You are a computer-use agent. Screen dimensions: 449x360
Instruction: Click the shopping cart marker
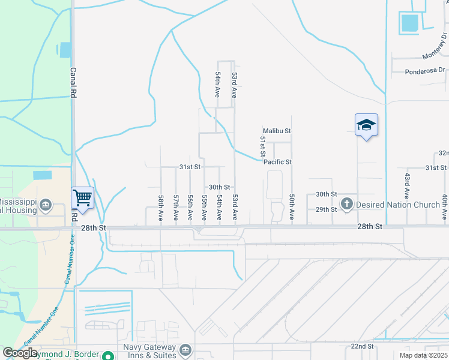82,197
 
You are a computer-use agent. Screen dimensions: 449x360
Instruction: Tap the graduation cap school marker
366,125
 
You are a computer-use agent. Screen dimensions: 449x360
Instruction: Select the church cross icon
346,205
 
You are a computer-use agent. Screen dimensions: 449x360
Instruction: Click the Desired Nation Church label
398,205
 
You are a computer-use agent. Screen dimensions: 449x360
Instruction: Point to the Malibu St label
277,131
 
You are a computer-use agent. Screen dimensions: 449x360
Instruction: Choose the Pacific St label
277,162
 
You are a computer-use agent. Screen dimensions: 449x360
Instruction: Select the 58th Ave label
161,207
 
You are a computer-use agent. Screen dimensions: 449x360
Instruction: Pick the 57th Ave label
175,207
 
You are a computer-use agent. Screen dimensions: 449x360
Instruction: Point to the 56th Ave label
190,207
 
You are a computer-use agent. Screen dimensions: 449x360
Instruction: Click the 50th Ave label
292,207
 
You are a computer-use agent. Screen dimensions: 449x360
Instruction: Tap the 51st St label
262,147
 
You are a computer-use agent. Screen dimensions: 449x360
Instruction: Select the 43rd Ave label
406,186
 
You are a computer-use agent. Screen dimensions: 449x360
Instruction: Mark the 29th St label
327,209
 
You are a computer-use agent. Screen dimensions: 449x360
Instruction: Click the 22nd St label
363,347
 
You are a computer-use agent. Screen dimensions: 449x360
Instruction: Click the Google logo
20,353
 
